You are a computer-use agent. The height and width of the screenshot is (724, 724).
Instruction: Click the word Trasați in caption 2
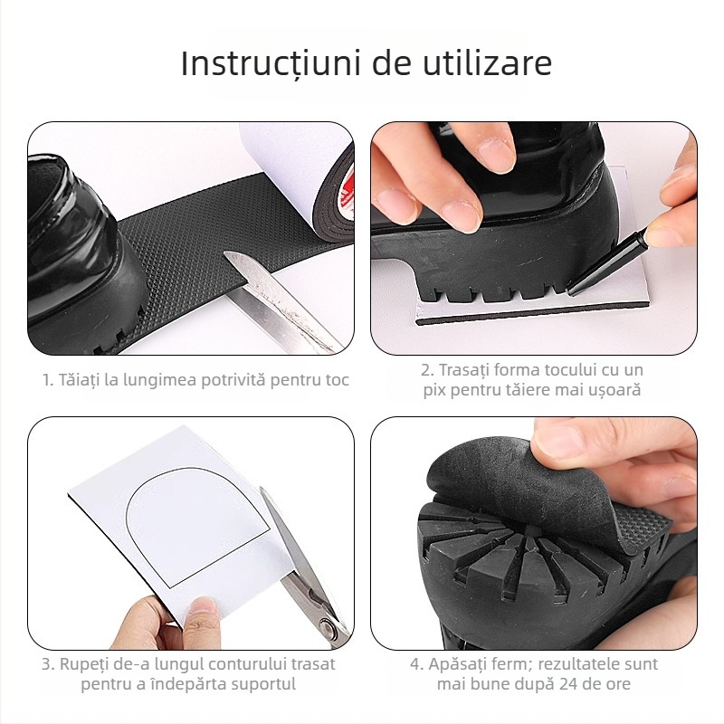tap(467, 370)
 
